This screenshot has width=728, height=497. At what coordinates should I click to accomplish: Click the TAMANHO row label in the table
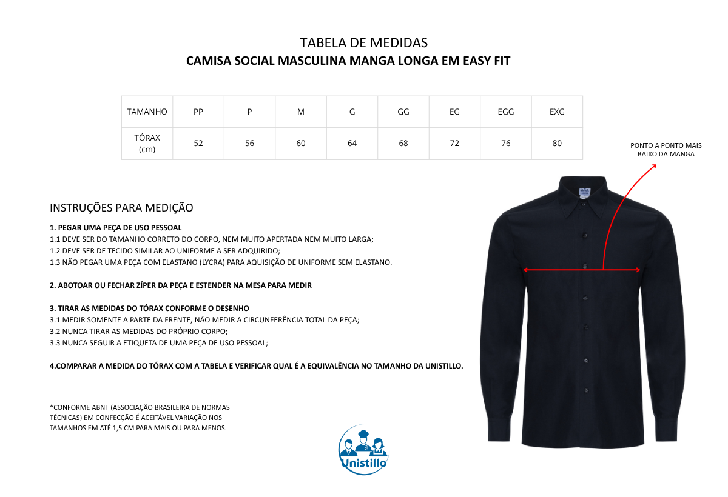pos(147,112)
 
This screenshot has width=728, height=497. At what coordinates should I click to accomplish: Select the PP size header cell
pos(198,112)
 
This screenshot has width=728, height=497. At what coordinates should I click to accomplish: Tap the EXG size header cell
pos(557,112)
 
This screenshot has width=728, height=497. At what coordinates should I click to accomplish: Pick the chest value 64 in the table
pos(352,144)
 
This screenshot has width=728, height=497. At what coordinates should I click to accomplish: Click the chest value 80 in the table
pos(557,144)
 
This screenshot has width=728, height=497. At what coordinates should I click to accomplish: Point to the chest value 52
pos(198,144)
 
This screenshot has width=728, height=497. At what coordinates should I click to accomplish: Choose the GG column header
pos(403,112)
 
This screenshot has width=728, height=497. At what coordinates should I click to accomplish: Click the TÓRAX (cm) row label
pos(147,144)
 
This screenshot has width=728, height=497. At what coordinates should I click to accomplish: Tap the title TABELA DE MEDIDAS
pos(363,43)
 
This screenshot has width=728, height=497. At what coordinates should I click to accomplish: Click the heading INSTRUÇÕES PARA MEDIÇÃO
pos(121,208)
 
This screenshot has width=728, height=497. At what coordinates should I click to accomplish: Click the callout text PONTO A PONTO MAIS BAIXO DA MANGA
pos(666,150)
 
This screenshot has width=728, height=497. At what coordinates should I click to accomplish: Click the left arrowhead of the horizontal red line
pos(525,270)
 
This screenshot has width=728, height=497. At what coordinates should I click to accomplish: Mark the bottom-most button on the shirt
pos(587,389)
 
